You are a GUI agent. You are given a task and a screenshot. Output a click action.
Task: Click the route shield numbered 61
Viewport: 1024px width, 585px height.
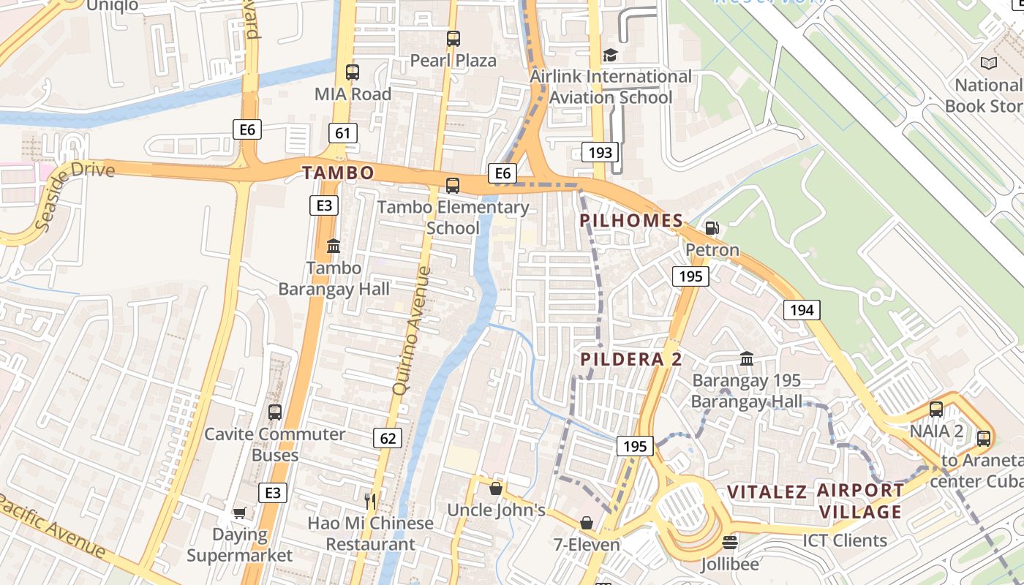(343, 132)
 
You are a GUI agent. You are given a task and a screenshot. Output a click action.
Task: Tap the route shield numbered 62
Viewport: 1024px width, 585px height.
(388, 438)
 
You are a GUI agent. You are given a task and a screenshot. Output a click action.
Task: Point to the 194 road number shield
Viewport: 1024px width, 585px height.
(802, 310)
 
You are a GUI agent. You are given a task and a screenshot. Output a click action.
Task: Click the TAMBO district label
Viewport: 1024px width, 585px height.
(338, 173)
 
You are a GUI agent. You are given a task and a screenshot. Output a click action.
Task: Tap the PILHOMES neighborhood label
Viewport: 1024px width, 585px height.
(631, 220)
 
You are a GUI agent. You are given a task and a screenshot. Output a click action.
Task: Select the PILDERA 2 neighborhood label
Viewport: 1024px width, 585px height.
(631, 359)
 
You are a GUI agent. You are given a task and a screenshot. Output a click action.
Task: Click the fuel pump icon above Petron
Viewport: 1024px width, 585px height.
(712, 228)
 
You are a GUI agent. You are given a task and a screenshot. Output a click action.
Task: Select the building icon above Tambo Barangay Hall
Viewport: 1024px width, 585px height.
(334, 246)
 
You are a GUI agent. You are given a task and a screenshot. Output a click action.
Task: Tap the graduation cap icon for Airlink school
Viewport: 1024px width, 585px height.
(610, 55)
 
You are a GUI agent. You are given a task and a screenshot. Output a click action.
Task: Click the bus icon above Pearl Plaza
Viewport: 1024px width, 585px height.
(453, 38)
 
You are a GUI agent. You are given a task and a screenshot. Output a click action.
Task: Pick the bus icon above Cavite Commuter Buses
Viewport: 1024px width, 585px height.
(275, 412)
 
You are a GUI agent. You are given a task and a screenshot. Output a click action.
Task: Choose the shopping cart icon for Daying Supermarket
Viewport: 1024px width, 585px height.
(239, 513)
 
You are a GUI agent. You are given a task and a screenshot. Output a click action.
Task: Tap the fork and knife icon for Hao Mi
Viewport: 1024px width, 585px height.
(370, 501)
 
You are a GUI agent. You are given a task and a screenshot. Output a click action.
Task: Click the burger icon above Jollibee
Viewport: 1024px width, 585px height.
(729, 543)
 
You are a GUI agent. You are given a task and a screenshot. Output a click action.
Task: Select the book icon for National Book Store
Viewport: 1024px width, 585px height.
(989, 64)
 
